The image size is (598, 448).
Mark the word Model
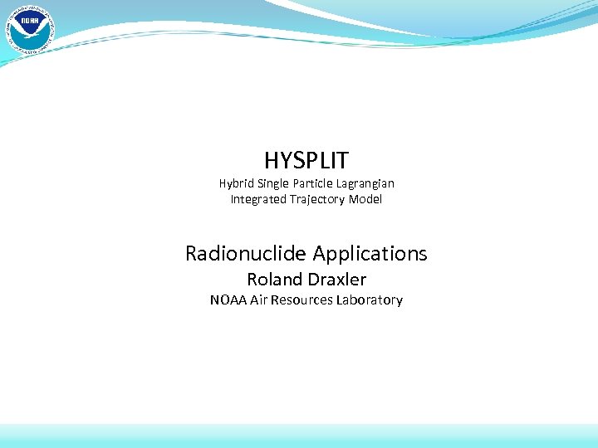pos(366,199)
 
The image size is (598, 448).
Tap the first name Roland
pos(273,280)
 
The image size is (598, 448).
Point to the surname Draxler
pos(336,280)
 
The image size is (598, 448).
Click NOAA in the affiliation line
pos(228,299)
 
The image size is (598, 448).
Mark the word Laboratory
pos(370,300)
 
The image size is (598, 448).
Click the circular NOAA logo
pos(29,29)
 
